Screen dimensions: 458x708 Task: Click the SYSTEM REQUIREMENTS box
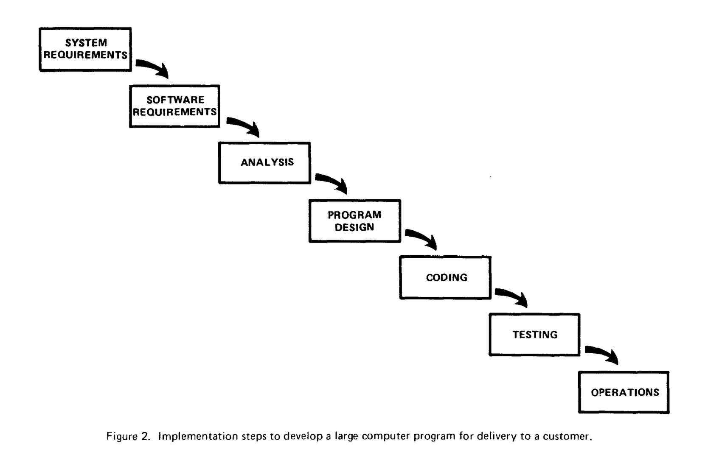(85, 49)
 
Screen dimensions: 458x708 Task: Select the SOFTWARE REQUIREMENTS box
(174, 106)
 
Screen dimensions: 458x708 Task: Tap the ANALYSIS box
(264, 162)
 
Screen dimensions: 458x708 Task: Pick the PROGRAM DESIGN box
(354, 221)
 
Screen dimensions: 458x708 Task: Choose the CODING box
(445, 277)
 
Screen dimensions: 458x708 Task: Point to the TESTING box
(534, 335)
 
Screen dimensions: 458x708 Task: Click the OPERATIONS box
(624, 392)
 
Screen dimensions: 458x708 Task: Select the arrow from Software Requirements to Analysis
(243, 126)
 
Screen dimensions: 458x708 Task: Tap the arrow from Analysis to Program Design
(332, 183)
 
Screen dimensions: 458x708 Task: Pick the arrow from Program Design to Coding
(421, 239)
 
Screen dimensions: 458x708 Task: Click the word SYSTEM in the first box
(86, 43)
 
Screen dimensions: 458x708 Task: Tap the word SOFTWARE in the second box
(175, 100)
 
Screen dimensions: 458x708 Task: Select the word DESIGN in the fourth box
(354, 227)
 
